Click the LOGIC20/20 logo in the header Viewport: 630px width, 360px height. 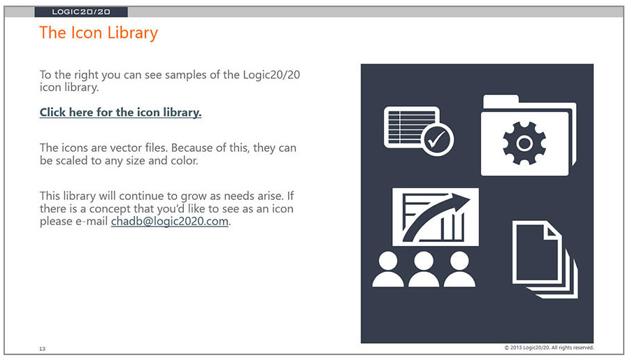80,12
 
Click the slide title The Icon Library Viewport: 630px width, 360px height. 99,33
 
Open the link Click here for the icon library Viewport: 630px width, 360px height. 120,112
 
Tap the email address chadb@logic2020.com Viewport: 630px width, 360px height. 169,221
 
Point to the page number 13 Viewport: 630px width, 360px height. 42,348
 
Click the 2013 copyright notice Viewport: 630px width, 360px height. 549,347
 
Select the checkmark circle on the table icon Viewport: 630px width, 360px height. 437,139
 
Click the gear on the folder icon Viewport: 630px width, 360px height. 524,143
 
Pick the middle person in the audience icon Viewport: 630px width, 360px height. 424,269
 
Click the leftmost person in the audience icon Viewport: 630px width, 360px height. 388,269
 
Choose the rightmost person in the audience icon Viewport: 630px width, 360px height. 459,269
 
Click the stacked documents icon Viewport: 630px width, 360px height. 545,259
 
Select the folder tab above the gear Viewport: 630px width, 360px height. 501,101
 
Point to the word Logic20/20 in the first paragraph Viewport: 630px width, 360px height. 271,75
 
